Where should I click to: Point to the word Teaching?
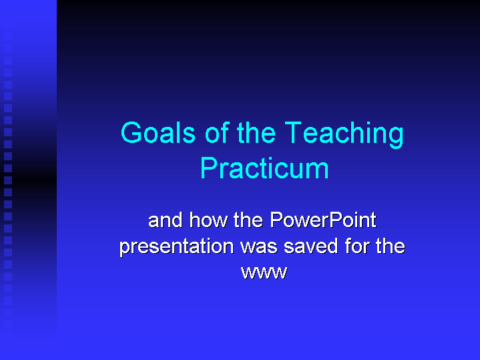(x=344, y=134)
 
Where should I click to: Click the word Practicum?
(x=264, y=168)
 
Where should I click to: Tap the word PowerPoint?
(x=323, y=220)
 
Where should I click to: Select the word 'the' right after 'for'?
(x=390, y=246)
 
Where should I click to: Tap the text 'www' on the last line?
(x=264, y=273)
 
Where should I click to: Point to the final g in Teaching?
(x=397, y=136)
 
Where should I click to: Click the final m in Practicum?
(x=318, y=170)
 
